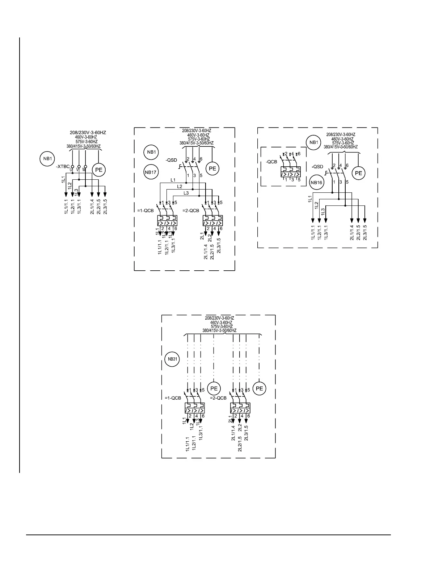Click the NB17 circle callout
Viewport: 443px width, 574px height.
click(x=150, y=172)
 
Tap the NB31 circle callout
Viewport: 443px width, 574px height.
click(x=171, y=359)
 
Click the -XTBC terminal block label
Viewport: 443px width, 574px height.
click(x=63, y=167)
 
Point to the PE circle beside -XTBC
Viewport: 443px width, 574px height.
click(x=98, y=170)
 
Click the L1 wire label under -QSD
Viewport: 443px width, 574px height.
click(x=173, y=180)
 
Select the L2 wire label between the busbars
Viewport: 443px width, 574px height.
click(x=180, y=186)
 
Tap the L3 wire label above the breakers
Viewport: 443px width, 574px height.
click(x=186, y=193)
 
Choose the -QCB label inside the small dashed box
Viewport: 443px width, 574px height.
click(x=271, y=162)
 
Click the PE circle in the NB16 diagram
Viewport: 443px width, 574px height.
click(x=358, y=173)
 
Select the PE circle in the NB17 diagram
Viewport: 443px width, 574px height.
click(x=212, y=168)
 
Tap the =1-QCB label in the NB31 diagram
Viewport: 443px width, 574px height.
click(x=173, y=398)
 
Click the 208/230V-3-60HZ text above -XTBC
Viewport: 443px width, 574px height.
click(x=88, y=133)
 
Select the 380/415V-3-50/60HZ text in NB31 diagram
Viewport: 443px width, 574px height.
click(x=219, y=330)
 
